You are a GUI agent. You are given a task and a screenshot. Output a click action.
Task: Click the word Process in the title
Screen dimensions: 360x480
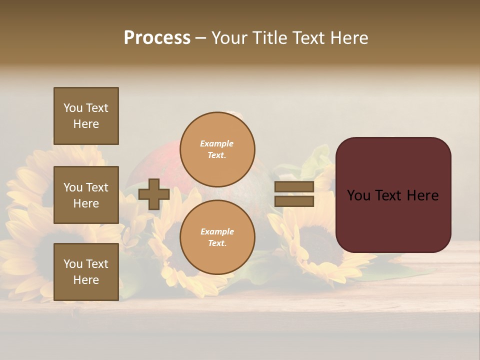157,38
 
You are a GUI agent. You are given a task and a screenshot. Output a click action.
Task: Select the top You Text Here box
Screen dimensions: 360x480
86,116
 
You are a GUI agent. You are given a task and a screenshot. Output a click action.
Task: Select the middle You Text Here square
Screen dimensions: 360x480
86,195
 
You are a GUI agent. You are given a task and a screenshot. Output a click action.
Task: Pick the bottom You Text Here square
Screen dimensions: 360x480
86,271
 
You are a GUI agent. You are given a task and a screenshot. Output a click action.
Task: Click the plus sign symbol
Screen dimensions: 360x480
154,194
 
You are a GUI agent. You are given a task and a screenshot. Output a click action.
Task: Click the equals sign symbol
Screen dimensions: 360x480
294,194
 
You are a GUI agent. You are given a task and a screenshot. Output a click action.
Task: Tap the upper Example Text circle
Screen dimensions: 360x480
217,149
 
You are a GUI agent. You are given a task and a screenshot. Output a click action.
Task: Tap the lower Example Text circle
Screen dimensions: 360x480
217,237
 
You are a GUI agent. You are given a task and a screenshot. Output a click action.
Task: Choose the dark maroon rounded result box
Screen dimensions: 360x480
393,194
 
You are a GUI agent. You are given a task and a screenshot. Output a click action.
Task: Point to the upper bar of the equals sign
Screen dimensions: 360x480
294,187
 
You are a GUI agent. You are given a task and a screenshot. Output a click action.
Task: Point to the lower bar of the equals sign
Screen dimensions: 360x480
294,201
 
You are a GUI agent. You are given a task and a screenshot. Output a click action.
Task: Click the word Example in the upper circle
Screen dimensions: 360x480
217,143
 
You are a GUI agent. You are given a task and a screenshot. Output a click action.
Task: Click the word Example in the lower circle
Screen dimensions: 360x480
217,231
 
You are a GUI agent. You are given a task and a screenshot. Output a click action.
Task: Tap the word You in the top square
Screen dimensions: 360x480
73,108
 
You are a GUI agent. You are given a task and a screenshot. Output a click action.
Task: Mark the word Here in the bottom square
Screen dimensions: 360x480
86,280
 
